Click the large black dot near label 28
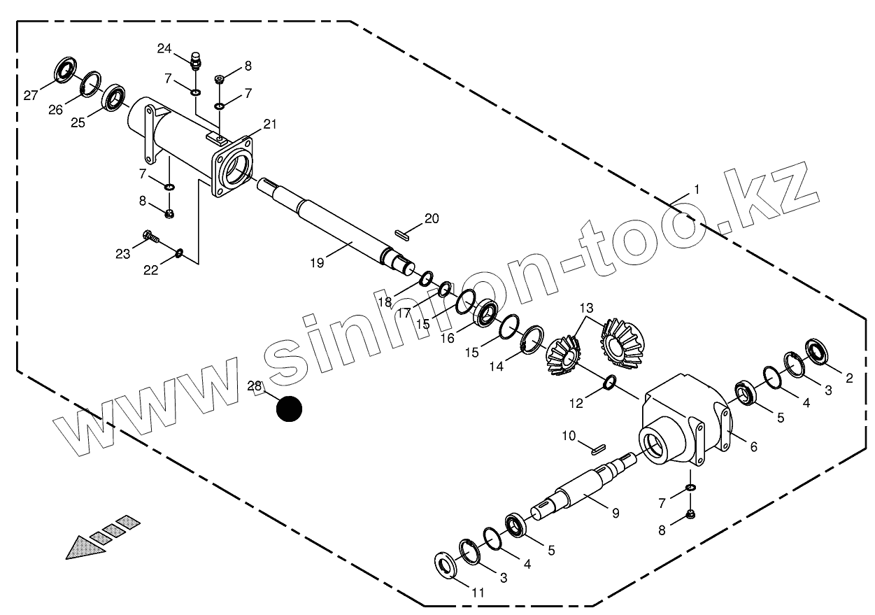(x=288, y=410)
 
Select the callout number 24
(x=164, y=48)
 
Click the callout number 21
(x=270, y=124)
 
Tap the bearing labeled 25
(x=115, y=97)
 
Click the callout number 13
(x=585, y=309)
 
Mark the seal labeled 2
(x=816, y=351)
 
